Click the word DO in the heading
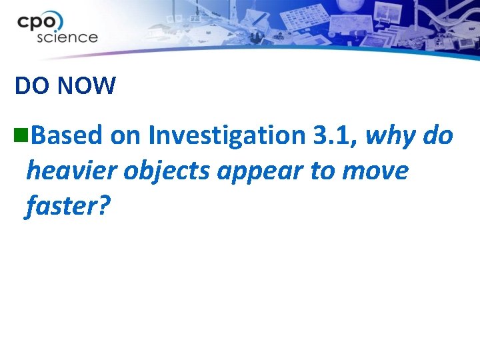click(x=30, y=85)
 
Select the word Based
click(x=66, y=136)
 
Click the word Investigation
click(x=227, y=136)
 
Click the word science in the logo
click(x=67, y=37)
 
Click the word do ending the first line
click(x=439, y=136)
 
